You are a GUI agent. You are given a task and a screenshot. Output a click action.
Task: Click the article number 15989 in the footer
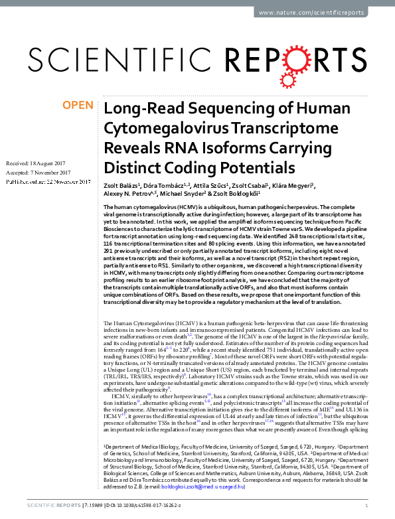(89, 506)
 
